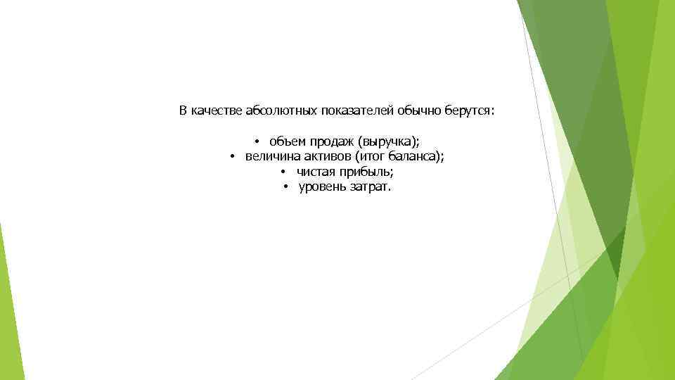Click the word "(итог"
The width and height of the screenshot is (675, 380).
(371, 156)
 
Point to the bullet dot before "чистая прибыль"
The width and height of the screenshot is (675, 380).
(284, 172)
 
